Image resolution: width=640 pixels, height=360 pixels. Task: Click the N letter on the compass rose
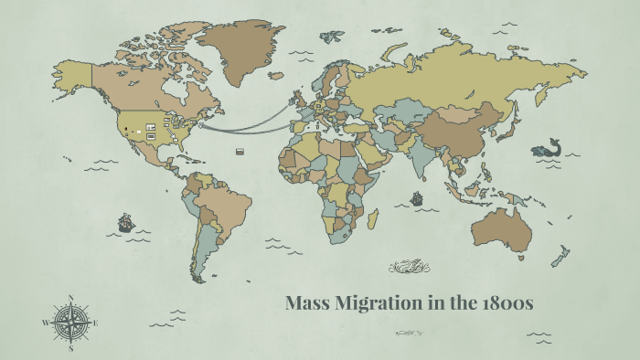click(x=70, y=298)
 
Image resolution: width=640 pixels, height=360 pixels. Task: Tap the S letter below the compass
click(x=70, y=347)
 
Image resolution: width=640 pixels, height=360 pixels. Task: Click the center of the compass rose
click(x=70, y=323)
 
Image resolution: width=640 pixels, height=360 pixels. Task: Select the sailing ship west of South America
click(x=125, y=222)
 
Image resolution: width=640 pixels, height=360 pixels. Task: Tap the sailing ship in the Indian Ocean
click(x=417, y=197)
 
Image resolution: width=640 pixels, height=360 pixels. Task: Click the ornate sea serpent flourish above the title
click(x=408, y=268)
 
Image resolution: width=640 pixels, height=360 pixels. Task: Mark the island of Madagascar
click(x=373, y=219)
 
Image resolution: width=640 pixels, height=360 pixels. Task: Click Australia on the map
click(x=501, y=228)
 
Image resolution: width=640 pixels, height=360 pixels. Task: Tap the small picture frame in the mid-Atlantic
click(x=240, y=151)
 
